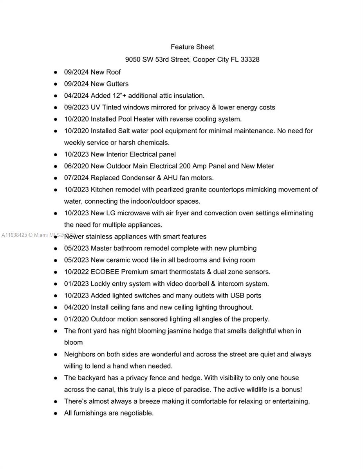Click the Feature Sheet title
tap(192, 47)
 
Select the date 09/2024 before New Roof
tap(76, 72)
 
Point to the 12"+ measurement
tap(117, 96)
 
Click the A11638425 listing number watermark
tap(14, 235)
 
